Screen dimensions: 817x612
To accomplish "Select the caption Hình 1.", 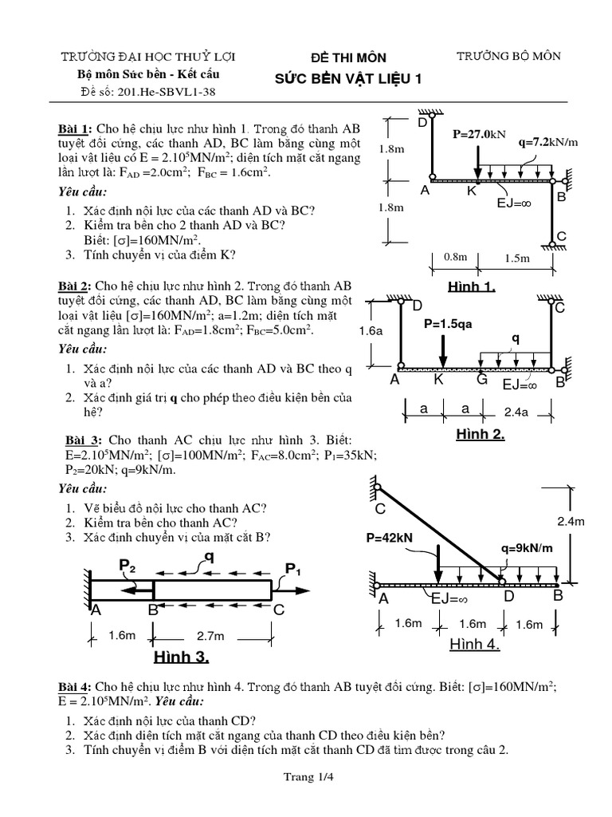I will [473, 287].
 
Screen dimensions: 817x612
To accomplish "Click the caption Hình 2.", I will [480, 435].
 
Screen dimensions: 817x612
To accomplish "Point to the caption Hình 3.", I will [182, 657].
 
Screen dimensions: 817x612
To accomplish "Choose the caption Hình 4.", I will [475, 645].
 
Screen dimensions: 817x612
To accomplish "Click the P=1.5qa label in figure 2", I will [449, 326].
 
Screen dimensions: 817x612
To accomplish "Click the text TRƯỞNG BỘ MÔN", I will [508, 56].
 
